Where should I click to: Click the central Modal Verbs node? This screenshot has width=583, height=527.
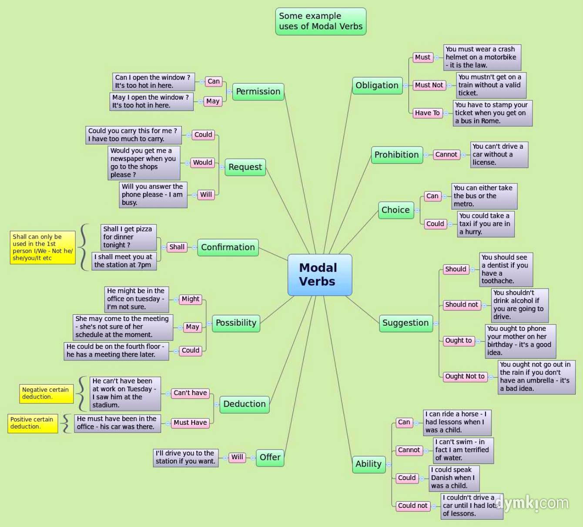320,275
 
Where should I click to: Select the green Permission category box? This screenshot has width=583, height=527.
258,92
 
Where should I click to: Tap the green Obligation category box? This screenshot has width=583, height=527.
377,86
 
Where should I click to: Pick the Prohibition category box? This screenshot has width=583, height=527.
396,155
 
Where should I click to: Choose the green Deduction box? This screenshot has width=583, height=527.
244,404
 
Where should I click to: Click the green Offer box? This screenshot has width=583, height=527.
270,457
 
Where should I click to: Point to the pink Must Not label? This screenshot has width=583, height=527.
429,85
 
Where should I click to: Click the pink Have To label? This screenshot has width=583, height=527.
427,113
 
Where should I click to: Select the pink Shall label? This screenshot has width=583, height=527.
177,247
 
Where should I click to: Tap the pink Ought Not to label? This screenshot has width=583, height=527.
464,377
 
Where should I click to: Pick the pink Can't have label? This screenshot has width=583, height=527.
190,393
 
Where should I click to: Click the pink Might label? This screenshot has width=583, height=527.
190,299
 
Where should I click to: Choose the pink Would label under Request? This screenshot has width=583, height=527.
202,163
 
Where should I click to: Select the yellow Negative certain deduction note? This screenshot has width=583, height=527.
45,394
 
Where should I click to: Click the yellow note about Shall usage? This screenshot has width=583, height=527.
43,247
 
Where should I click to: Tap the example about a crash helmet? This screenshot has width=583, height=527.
482,57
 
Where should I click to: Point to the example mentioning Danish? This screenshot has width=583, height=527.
454,478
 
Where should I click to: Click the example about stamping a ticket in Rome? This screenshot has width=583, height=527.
492,113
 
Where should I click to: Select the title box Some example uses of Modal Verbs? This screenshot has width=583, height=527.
321,21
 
